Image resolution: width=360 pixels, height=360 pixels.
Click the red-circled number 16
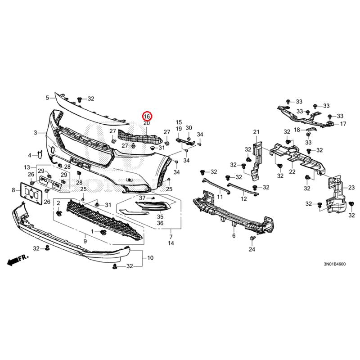[x=147, y=116]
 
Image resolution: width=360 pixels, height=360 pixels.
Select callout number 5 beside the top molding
[x=47, y=98]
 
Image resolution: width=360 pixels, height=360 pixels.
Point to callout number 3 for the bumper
[x=36, y=133]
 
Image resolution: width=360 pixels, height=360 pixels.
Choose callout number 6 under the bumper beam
[x=234, y=235]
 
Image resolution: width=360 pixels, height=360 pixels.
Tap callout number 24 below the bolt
[x=252, y=250]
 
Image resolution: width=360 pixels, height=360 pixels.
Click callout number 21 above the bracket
[x=256, y=131]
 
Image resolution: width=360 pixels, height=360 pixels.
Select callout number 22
[x=292, y=171]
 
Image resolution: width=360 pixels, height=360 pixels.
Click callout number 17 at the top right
[x=343, y=124]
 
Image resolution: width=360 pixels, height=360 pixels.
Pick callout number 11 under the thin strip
[x=220, y=197]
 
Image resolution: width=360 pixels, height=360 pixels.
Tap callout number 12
[x=243, y=199]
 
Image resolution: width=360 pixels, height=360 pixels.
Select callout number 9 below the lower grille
[x=85, y=242]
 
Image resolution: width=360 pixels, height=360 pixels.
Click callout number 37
[x=142, y=198]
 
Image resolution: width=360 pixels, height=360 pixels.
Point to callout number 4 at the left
[x=30, y=155]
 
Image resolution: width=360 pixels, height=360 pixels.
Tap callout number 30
[x=189, y=128]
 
